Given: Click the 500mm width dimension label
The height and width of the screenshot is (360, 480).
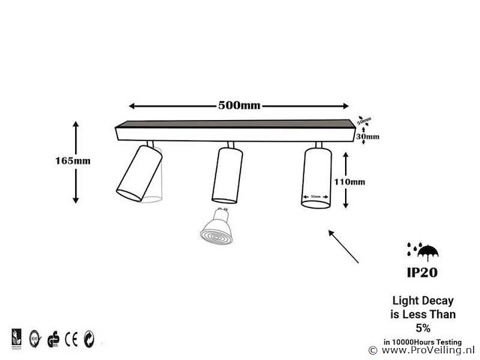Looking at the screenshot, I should [239, 105].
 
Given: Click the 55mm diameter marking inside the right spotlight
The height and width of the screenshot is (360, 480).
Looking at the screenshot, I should [316, 198].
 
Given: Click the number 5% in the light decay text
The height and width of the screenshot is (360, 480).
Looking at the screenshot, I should [424, 327].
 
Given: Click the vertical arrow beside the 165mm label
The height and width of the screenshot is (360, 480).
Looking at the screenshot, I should [76, 160].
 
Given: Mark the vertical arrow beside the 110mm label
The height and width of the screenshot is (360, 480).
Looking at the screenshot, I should [344, 180].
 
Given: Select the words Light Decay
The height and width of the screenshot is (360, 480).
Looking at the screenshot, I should [424, 299].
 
